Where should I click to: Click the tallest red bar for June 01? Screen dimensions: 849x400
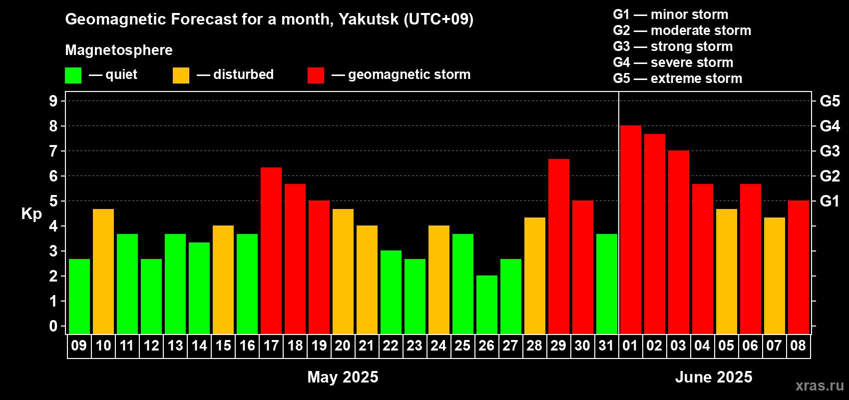[x=631, y=229]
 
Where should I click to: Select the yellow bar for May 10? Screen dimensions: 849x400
[x=103, y=271]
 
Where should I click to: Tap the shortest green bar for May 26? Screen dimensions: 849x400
[x=487, y=304]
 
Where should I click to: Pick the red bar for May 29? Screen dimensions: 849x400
[x=559, y=246]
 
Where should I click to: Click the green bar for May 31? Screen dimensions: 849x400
[x=607, y=284]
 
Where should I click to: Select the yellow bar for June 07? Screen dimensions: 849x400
[x=774, y=275]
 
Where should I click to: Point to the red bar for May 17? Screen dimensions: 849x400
[x=271, y=250]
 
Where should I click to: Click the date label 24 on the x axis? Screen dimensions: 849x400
[x=438, y=345]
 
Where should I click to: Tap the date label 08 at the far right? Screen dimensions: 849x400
[x=798, y=345]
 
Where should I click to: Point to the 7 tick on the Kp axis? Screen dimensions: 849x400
[x=53, y=151]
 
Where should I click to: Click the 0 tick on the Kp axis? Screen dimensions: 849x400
[x=53, y=326]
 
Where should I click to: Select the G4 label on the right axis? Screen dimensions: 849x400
[x=830, y=126]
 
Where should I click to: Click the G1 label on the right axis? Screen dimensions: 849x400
[x=830, y=201]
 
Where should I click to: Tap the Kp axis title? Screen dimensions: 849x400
[x=31, y=214]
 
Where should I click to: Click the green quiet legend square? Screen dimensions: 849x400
[x=73, y=75]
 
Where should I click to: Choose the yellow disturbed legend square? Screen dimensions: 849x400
[x=181, y=75]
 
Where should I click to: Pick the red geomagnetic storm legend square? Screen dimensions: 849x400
[x=316, y=75]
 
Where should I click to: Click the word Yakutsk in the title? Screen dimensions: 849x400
[x=368, y=19]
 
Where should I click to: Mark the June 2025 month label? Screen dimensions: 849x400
[x=714, y=377]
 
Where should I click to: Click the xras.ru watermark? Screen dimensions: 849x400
[x=820, y=385]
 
